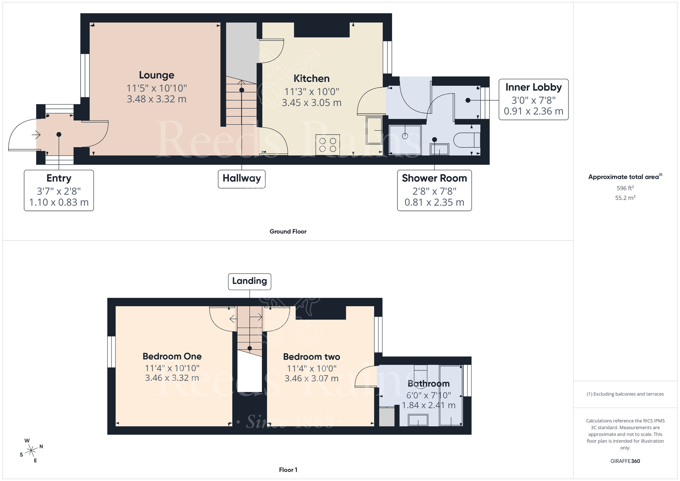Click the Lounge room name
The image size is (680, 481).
click(x=156, y=75)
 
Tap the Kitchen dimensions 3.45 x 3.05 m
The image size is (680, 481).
click(x=311, y=103)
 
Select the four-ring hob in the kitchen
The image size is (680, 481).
click(x=327, y=145)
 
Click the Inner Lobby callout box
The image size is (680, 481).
click(x=533, y=99)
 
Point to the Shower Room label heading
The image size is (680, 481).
click(x=434, y=178)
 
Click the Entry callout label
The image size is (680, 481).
click(x=59, y=178)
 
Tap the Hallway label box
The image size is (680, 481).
click(x=241, y=179)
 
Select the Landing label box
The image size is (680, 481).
click(x=249, y=281)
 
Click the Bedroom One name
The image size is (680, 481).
click(x=172, y=356)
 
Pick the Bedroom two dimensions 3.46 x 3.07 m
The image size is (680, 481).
click(x=311, y=379)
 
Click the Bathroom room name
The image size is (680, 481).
click(x=428, y=384)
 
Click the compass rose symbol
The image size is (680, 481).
click(x=31, y=451)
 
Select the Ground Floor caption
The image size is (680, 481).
click(x=288, y=232)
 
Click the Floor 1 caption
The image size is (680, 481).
click(x=288, y=470)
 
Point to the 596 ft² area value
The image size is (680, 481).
click(x=625, y=188)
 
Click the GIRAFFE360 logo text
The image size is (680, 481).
click(x=625, y=461)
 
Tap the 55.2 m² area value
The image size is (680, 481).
click(x=625, y=198)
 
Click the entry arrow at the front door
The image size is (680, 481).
click(x=36, y=135)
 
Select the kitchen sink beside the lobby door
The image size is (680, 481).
click(x=374, y=130)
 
